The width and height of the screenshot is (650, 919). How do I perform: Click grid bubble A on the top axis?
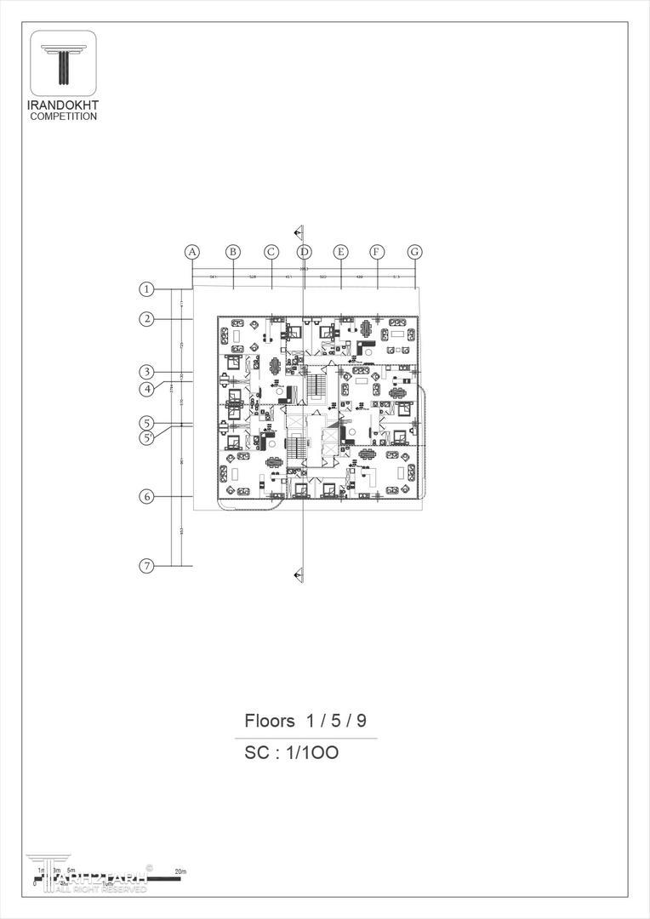(x=192, y=252)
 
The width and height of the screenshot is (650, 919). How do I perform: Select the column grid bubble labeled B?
(x=232, y=252)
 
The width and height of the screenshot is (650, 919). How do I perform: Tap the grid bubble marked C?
(x=271, y=252)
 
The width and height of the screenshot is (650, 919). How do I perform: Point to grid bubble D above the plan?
(x=305, y=252)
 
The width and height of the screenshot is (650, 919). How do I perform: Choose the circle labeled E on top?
(x=340, y=252)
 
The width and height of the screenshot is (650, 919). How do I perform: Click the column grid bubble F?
(x=377, y=252)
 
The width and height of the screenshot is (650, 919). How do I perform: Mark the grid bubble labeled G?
(x=414, y=252)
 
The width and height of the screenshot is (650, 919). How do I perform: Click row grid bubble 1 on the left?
(x=147, y=288)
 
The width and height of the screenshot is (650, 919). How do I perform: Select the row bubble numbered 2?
(x=147, y=319)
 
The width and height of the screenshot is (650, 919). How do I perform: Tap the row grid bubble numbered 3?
(x=147, y=372)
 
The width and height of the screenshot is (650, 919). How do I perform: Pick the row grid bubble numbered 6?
(x=147, y=497)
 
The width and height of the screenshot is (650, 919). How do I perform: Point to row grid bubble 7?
(x=147, y=566)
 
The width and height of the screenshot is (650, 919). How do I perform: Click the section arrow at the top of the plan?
(x=298, y=231)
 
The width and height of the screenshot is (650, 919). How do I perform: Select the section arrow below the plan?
(x=298, y=576)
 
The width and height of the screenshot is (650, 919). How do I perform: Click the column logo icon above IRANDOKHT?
(x=63, y=64)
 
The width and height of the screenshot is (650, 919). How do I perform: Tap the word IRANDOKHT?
(x=63, y=106)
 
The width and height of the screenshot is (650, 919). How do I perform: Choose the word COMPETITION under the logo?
(x=63, y=116)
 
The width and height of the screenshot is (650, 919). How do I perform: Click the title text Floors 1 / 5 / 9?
(x=305, y=721)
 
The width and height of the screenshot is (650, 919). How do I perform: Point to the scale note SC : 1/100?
(x=292, y=752)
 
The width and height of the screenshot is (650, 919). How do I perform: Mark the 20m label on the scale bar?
(x=180, y=872)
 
